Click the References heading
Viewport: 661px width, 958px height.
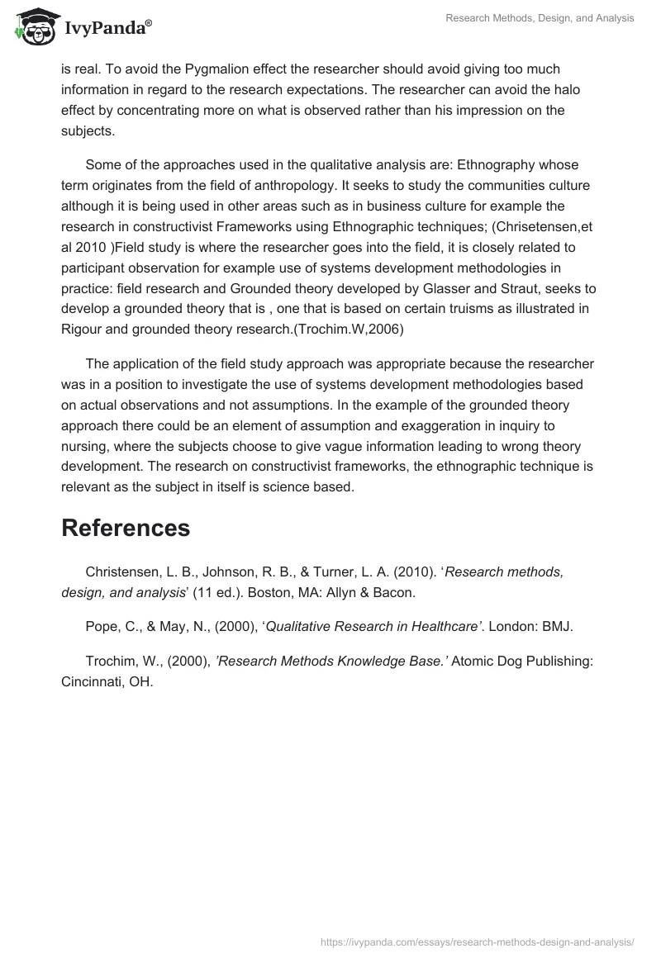(126, 528)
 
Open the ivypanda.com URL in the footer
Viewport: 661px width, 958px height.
(478, 941)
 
